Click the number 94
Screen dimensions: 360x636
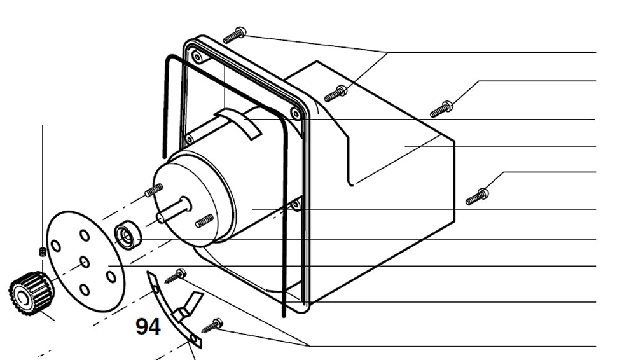pyautogui.click(x=148, y=326)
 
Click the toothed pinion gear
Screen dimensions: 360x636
pyautogui.click(x=29, y=292)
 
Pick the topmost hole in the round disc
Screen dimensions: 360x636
pyautogui.click(x=84, y=235)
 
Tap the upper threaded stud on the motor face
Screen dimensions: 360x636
pyautogui.click(x=153, y=190)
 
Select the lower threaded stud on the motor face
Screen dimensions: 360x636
pyautogui.click(x=204, y=221)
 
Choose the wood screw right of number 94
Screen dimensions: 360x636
pyautogui.click(x=211, y=326)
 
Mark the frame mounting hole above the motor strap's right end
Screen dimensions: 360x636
pyautogui.click(x=296, y=113)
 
